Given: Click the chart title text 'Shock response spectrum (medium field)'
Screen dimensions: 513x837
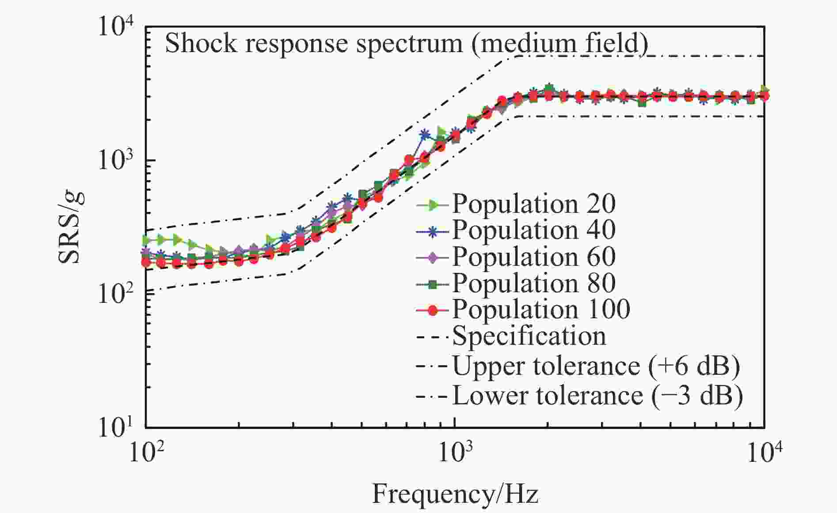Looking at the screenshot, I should [406, 44].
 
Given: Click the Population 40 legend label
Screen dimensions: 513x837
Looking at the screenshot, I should [533, 230].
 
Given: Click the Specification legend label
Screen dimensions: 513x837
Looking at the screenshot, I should [529, 336].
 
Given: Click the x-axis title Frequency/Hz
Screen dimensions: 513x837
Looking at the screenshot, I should [455, 494].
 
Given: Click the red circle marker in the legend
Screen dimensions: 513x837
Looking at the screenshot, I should [433, 310].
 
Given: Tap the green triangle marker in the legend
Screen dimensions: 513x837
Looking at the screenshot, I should [433, 205].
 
